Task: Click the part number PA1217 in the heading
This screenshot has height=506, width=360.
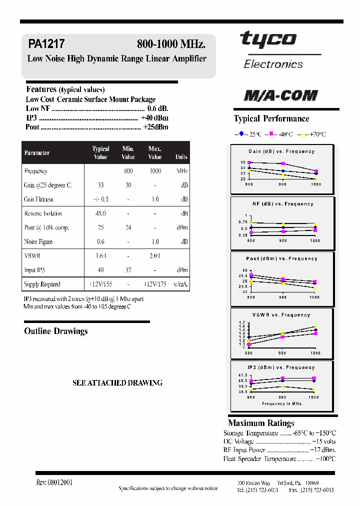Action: point(46,44)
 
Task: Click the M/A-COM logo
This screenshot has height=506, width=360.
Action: point(280,95)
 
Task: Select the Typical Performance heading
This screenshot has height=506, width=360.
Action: point(271,118)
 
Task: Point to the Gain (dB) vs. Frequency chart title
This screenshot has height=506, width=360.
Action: point(281,151)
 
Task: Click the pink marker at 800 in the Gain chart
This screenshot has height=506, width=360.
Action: point(250,162)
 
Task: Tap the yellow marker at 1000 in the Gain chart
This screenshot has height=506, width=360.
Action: point(315,179)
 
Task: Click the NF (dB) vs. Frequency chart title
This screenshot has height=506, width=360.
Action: point(282,204)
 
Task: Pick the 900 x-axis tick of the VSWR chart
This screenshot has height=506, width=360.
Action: point(283,352)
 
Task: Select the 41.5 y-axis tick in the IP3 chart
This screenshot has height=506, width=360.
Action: point(242,375)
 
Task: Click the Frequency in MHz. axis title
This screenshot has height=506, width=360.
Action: point(282,403)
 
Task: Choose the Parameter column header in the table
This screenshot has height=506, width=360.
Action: point(37,153)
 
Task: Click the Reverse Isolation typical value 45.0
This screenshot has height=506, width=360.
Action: point(100,213)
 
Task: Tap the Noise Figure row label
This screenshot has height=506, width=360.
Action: point(38,241)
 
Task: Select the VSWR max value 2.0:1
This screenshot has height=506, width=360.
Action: point(155,255)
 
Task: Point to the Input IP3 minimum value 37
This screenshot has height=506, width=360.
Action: point(128,270)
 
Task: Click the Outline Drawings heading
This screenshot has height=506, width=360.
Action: point(56,331)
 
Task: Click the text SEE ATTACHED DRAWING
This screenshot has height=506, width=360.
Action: point(117,382)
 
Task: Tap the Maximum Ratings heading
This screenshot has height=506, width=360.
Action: point(261,423)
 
